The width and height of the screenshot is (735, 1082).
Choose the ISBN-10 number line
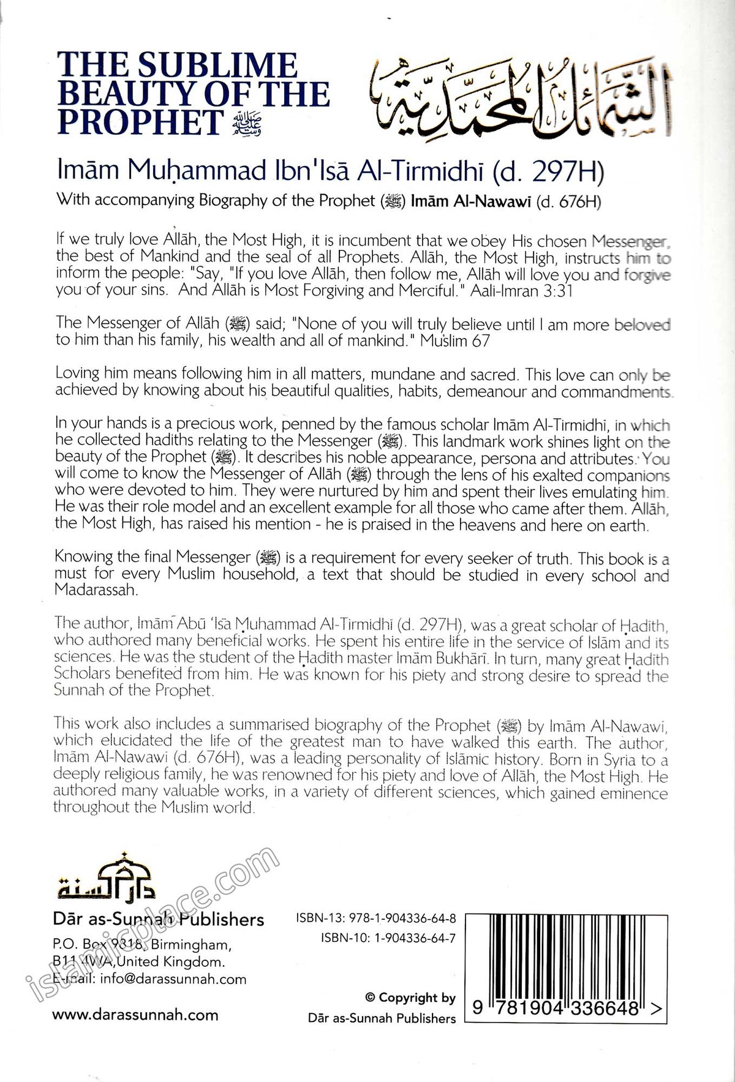[388, 937]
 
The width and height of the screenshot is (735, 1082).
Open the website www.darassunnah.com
[135, 1015]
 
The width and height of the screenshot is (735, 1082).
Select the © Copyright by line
[410, 997]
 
